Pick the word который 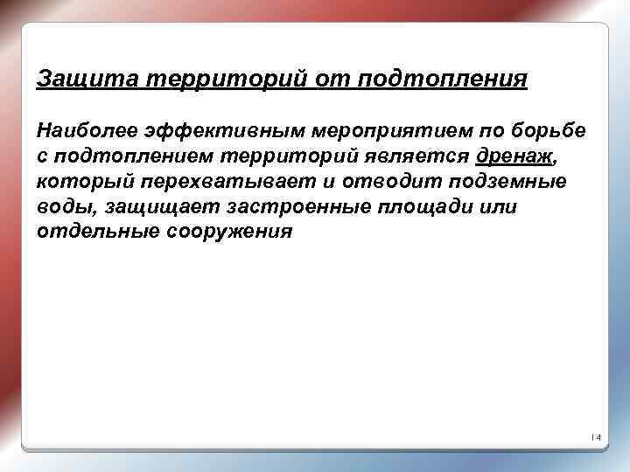click(83, 182)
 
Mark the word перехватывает click(206, 182)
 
